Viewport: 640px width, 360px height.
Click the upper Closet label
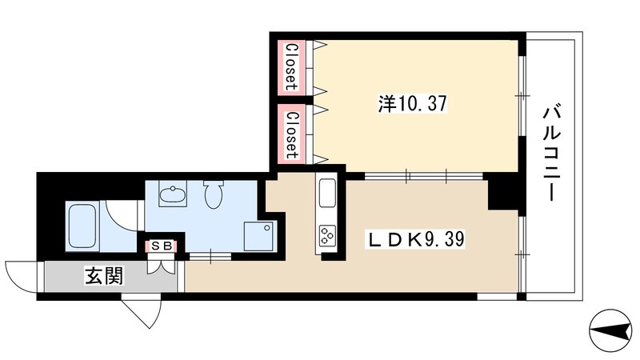coord(291,66)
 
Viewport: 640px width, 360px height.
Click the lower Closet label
coord(291,134)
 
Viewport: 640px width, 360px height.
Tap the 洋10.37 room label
coord(412,104)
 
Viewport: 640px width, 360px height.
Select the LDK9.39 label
coord(416,239)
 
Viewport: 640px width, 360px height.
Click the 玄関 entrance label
coord(104,276)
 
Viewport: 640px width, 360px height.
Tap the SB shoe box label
coord(162,246)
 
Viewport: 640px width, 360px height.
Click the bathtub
coord(82,226)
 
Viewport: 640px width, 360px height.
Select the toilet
coord(213,194)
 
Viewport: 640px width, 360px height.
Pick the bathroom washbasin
coord(173,194)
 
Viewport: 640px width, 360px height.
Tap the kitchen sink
coord(327,194)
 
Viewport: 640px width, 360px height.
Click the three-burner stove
coord(327,235)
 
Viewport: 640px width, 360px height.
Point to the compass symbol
coord(610,330)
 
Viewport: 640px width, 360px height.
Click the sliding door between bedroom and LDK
coord(424,176)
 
